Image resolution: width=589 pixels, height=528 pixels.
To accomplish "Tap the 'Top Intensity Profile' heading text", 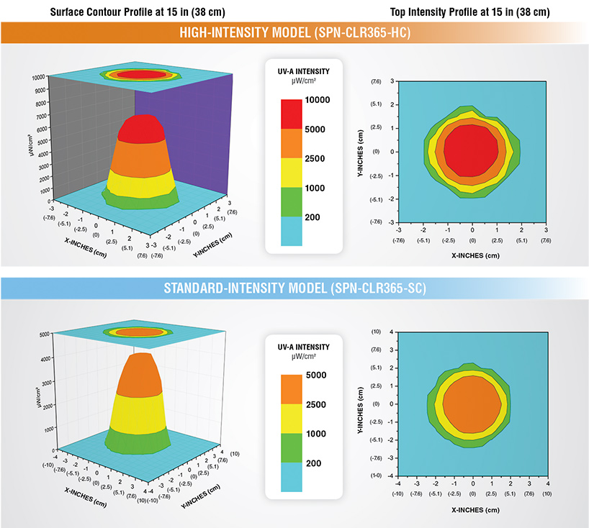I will point(469,12).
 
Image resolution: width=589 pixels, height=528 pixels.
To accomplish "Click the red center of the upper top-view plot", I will point(470,150).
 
